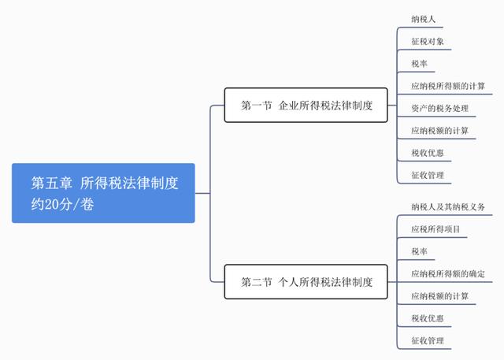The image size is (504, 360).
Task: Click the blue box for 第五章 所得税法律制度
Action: click(x=103, y=193)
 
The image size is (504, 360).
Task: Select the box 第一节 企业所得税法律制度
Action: click(x=306, y=105)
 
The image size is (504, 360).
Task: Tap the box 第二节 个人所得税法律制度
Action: click(x=306, y=282)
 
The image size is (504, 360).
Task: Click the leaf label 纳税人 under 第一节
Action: click(x=424, y=19)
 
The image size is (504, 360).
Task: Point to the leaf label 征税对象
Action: click(x=428, y=42)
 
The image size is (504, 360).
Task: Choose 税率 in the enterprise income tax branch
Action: click(x=420, y=64)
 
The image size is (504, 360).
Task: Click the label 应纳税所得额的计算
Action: click(x=448, y=86)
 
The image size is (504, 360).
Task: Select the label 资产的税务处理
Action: click(x=439, y=109)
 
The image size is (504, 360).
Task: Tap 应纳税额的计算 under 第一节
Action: click(x=439, y=131)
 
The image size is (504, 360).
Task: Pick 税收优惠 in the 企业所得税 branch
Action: click(x=428, y=153)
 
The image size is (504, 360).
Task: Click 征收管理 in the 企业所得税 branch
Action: click(x=428, y=175)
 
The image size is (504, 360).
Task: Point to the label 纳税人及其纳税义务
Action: click(x=448, y=207)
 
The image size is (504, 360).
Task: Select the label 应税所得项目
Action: click(x=435, y=229)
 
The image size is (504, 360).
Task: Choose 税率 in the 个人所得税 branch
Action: click(x=420, y=251)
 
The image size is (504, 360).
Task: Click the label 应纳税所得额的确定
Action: click(x=448, y=274)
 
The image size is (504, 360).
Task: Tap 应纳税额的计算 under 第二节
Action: click(x=439, y=296)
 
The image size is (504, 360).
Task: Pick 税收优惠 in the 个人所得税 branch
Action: click(x=428, y=318)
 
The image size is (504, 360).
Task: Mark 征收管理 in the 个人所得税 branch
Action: click(x=428, y=341)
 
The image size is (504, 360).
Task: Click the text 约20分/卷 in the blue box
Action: click(x=62, y=204)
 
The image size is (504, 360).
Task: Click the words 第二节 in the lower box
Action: click(x=257, y=282)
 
